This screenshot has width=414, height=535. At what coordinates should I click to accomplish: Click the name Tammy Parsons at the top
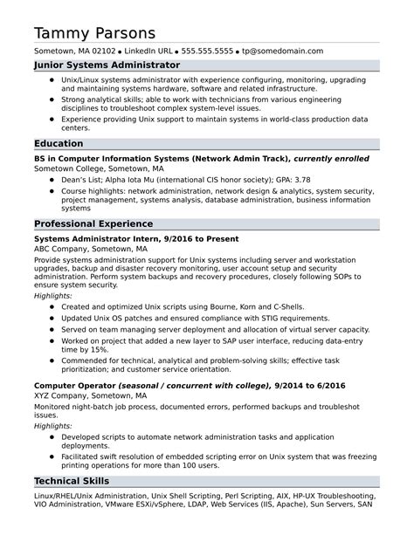[95, 32]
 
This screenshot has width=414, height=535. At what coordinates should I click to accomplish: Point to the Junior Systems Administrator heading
[107, 65]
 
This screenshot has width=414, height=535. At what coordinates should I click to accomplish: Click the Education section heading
[59, 143]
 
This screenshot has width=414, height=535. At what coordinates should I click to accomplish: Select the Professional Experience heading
[93, 223]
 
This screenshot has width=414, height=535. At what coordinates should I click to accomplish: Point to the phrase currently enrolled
[331, 160]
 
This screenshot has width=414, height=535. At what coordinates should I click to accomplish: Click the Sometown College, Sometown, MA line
[98, 168]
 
